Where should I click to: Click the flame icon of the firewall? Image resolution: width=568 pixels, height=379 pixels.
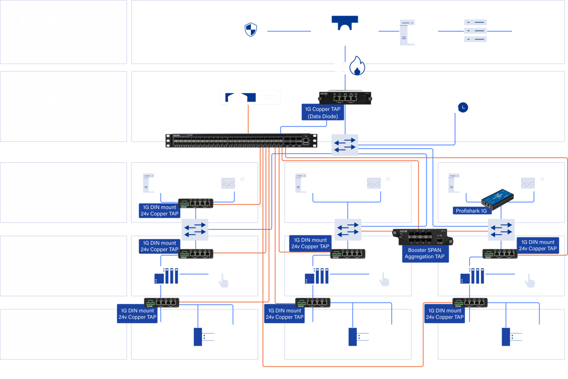(x=357, y=66)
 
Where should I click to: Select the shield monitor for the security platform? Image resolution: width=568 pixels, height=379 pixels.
(x=251, y=31)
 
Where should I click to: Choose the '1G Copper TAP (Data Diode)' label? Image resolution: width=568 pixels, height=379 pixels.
(x=324, y=113)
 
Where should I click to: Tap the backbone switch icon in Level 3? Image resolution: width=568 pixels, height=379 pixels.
(x=345, y=145)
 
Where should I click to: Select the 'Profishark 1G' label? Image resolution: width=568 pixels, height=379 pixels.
(x=471, y=211)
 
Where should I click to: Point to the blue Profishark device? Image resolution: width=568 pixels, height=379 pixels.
(x=498, y=199)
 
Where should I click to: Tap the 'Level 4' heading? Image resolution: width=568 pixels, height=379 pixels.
(x=47, y=19)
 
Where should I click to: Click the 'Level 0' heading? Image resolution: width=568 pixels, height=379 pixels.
(x=47, y=327)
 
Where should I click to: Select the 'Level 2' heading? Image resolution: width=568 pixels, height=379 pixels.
(x=47, y=185)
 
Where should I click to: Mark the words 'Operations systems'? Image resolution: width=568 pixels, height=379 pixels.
(x=62, y=118)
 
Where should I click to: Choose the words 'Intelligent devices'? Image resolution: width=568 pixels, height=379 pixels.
(x=59, y=277)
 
